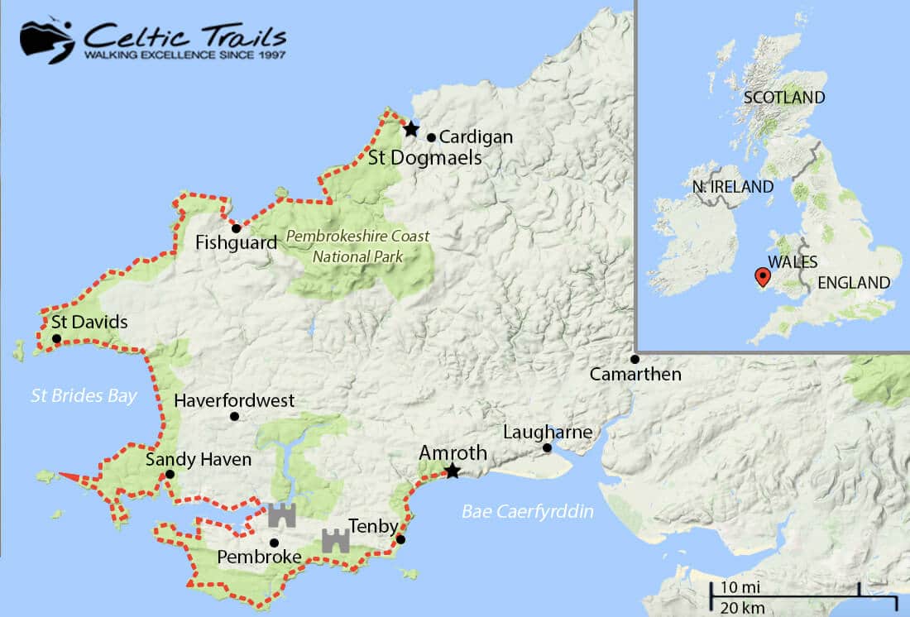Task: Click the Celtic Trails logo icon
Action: coord(47,39)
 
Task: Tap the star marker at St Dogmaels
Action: coord(410,129)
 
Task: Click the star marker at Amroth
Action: coord(452,471)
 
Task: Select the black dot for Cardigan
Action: coord(431,137)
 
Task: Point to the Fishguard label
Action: coord(225,242)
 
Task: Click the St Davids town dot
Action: coord(56,338)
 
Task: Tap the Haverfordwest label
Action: coord(234,401)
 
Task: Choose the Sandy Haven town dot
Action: coord(170,475)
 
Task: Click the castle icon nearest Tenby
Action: coord(335,540)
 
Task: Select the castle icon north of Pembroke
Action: coord(281,514)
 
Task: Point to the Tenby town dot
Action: coord(400,540)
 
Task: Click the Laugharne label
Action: coord(548,433)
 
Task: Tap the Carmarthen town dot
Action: coord(635,359)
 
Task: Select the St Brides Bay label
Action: coord(83,396)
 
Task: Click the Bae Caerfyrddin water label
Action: coord(528,512)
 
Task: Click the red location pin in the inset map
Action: coord(761,276)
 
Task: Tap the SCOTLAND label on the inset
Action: coord(783,98)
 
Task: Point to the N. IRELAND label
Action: coord(732,187)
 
